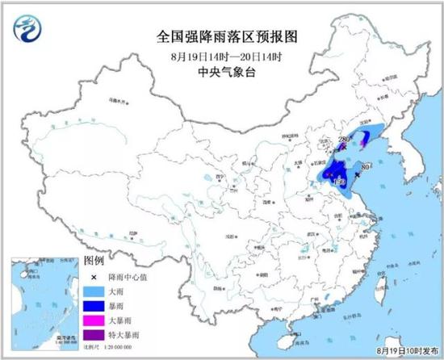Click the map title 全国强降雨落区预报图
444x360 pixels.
point(223,36)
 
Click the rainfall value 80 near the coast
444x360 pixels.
point(365,167)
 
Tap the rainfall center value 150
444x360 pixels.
point(340,184)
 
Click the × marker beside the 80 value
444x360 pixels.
point(357,174)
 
